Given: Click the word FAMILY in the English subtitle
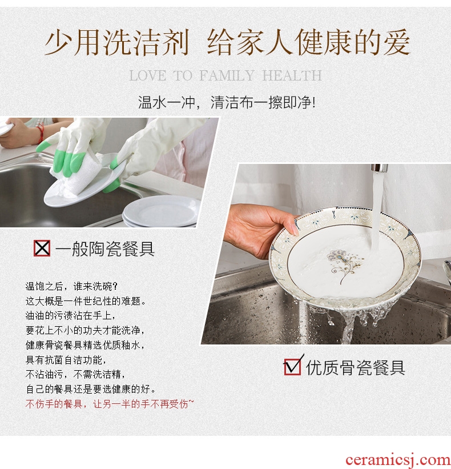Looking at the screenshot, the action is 227,75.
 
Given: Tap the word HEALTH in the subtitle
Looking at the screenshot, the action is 292,75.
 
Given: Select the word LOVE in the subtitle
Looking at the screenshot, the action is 148,75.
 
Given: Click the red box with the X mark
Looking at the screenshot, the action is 42,248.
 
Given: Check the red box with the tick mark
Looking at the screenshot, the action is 293,366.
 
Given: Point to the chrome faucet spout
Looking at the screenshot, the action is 379,168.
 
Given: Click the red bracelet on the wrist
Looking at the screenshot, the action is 41,133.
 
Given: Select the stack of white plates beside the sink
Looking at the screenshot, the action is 161,211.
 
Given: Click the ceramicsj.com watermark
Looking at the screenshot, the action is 398,460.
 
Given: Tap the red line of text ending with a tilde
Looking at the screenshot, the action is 110,404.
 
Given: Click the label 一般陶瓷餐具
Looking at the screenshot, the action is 105,248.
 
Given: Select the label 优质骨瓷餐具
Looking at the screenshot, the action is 355,367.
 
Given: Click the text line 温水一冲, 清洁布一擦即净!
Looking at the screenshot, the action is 227,103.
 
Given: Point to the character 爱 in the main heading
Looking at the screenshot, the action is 396,42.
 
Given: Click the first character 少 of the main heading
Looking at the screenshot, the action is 58,42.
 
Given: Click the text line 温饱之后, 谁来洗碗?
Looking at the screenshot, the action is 72,286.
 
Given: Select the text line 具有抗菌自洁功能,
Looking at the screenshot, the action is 66,360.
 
